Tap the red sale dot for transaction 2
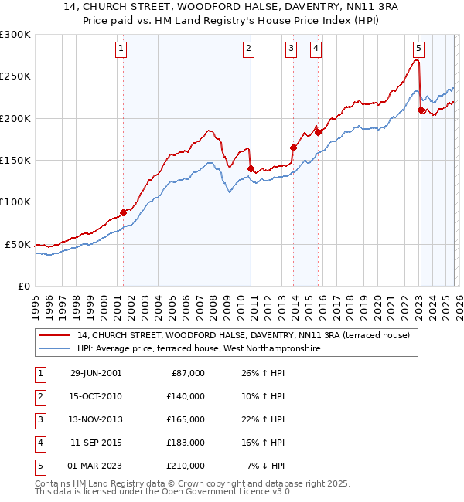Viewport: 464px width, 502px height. click(x=251, y=168)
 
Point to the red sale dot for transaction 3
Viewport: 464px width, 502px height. click(x=293, y=148)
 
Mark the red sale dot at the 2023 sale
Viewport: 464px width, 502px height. click(x=421, y=110)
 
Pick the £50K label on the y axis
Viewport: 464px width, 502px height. click(x=19, y=244)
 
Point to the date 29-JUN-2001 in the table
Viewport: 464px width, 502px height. click(x=96, y=373)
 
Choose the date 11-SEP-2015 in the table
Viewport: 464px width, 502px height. click(x=96, y=443)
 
